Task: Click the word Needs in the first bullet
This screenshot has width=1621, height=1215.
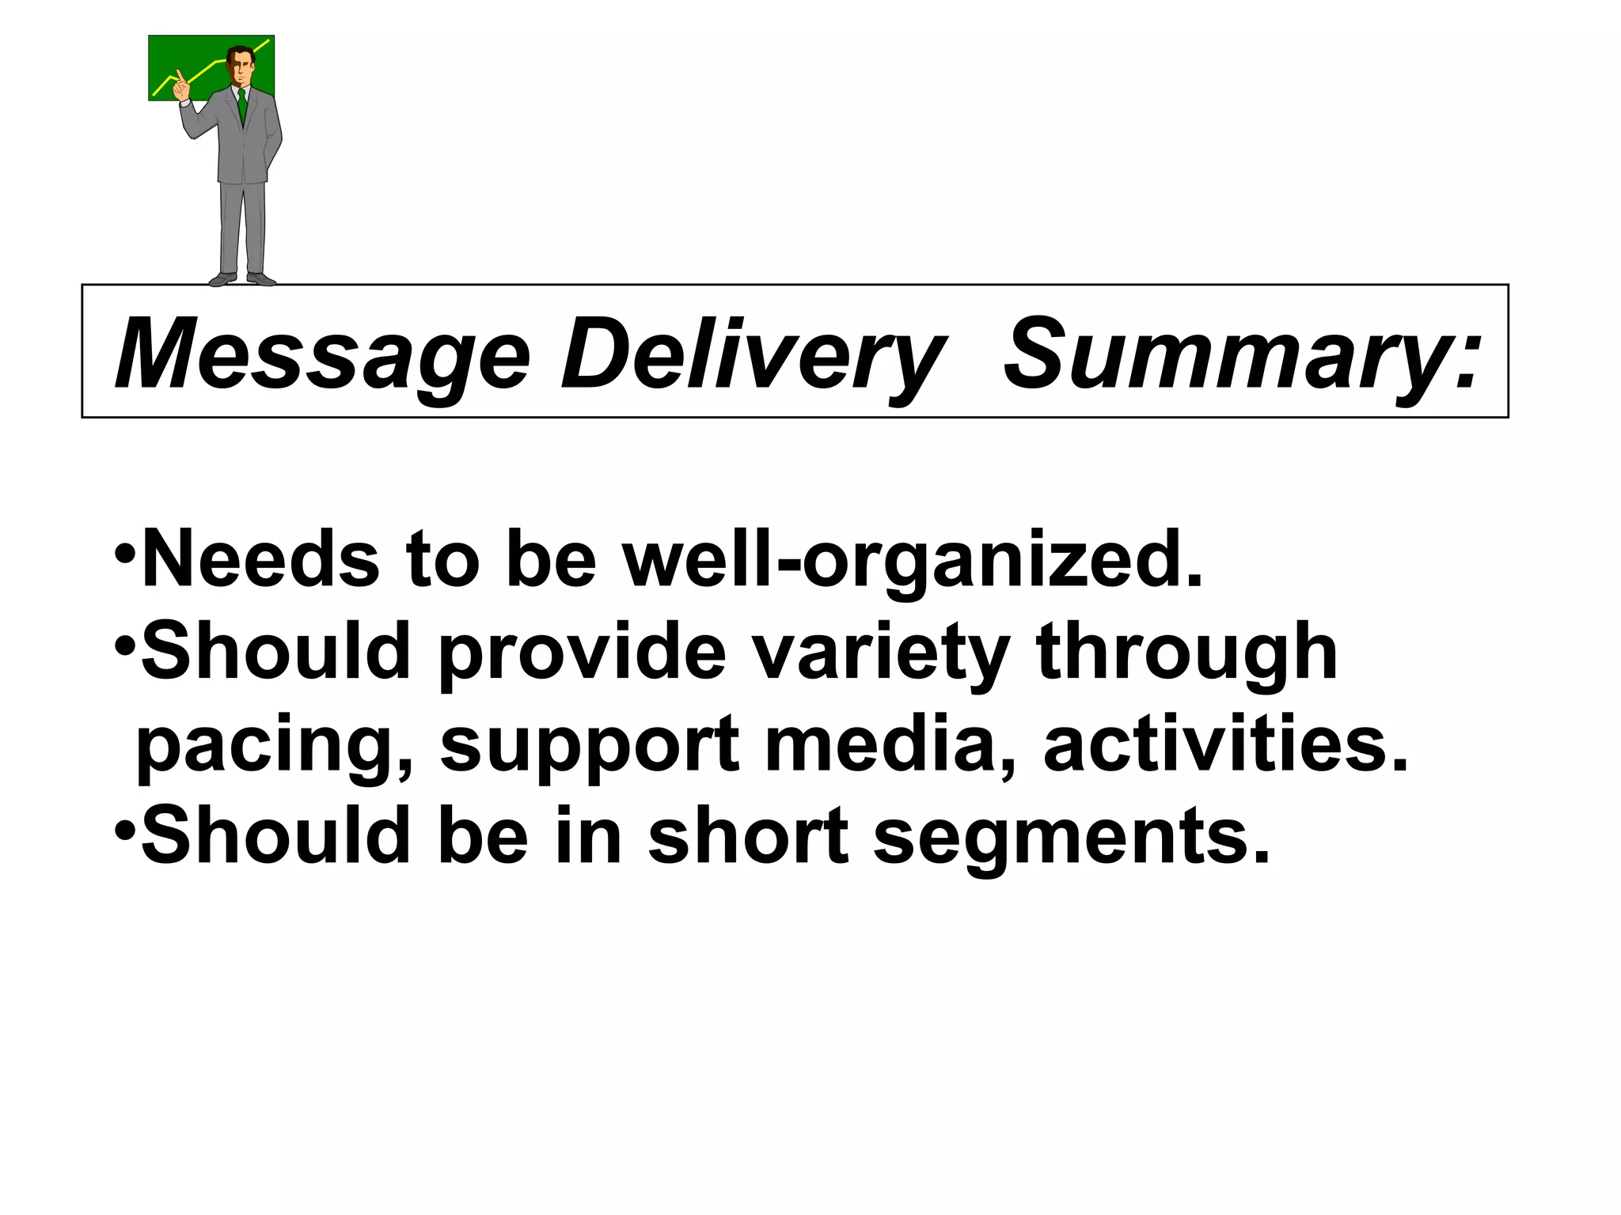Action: tap(260, 559)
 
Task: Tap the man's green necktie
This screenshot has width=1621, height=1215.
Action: tap(242, 106)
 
